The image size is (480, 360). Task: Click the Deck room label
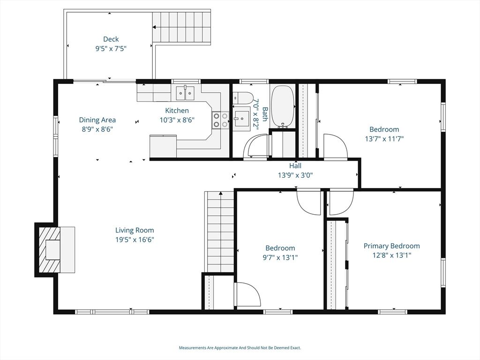click(x=111, y=39)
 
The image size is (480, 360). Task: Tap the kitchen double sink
click(x=185, y=93)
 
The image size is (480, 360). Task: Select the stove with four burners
click(x=220, y=120)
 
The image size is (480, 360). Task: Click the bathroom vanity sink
click(x=241, y=116)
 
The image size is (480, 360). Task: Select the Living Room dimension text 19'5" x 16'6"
click(x=135, y=240)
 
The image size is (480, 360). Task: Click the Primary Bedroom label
click(x=391, y=246)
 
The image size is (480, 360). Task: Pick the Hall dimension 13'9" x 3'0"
click(x=295, y=175)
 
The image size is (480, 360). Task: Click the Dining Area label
click(x=97, y=120)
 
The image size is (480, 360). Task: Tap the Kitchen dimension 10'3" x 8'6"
click(x=177, y=120)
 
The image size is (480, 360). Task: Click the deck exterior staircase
click(x=181, y=27)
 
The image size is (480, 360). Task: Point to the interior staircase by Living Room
click(x=219, y=232)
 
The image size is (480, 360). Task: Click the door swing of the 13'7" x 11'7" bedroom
click(x=335, y=146)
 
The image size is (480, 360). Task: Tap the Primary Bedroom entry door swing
click(x=341, y=202)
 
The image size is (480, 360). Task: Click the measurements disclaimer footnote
click(x=240, y=348)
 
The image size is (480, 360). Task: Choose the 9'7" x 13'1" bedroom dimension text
click(x=280, y=257)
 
